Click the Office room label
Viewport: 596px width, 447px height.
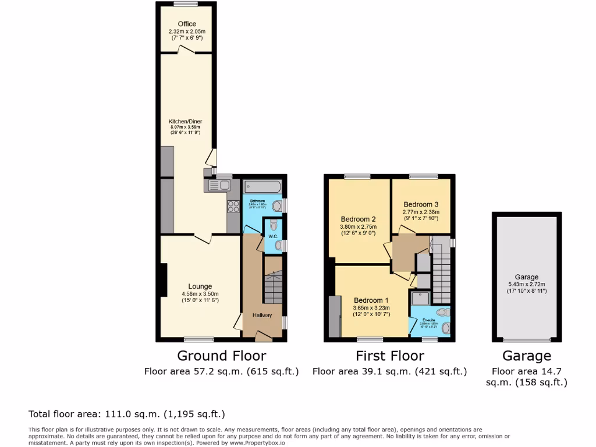pos(186,24)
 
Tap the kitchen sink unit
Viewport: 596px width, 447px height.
pos(218,186)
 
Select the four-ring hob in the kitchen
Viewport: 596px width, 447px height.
pos(233,205)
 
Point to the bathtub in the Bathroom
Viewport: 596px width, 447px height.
pos(262,186)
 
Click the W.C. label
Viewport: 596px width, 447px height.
pos(271,237)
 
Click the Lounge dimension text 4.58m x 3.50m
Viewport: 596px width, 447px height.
pos(199,293)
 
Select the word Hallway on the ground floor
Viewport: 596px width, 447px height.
pos(262,315)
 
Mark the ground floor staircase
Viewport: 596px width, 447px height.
pos(272,288)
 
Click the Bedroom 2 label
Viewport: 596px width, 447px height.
pos(358,219)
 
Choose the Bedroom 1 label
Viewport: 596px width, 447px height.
pos(371,300)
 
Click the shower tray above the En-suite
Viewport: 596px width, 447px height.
pos(420,298)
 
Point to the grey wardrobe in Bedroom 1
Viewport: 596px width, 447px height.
pos(335,316)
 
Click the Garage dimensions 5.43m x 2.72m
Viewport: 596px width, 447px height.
pos(527,284)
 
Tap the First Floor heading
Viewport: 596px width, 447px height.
pos(390,356)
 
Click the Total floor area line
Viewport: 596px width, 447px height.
pos(127,414)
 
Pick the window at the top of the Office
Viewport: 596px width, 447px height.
pos(186,4)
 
